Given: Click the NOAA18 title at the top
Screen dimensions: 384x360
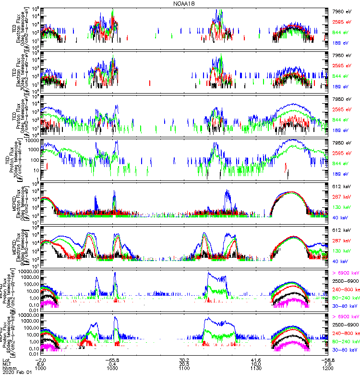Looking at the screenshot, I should (184, 3).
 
